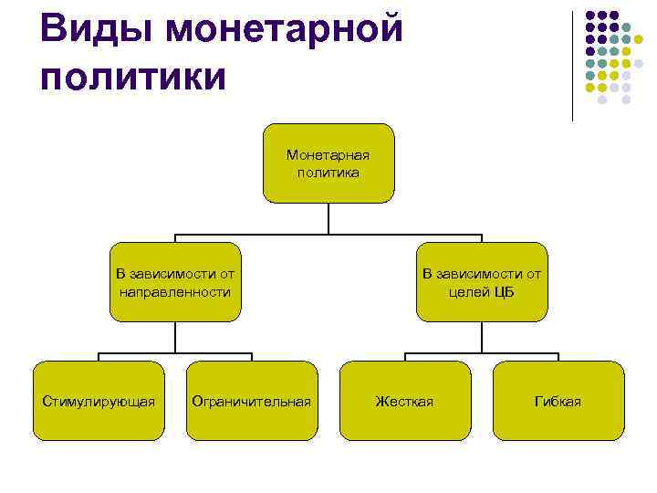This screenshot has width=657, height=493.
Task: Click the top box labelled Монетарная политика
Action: [x=328, y=163]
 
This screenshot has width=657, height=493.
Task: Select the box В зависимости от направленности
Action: [x=175, y=282]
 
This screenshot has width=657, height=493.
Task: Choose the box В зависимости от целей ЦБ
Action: [x=482, y=282]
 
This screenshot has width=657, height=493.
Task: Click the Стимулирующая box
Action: [x=99, y=401]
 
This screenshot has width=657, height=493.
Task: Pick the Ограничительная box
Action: [x=252, y=401]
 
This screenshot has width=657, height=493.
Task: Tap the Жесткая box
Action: [x=405, y=401]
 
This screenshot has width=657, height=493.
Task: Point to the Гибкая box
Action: [x=558, y=401]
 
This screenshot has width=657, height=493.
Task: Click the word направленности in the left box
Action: [x=175, y=292]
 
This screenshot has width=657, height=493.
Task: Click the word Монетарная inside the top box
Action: [x=328, y=154]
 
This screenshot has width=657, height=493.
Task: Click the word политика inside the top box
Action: [x=328, y=171]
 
